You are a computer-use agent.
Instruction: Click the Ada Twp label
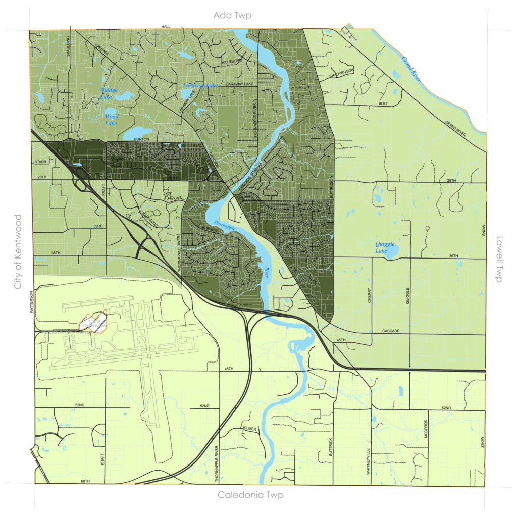tap(232, 16)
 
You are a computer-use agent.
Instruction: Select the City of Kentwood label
tap(18, 252)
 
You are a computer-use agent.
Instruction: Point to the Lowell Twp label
tap(499, 259)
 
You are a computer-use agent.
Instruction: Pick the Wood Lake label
tap(112, 119)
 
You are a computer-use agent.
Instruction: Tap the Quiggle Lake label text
tap(385, 247)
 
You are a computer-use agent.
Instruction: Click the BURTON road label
tap(140, 138)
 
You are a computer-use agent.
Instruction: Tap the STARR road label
tap(40, 162)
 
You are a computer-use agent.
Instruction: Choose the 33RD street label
tap(97, 226)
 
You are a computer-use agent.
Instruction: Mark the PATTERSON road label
tap(32, 301)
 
